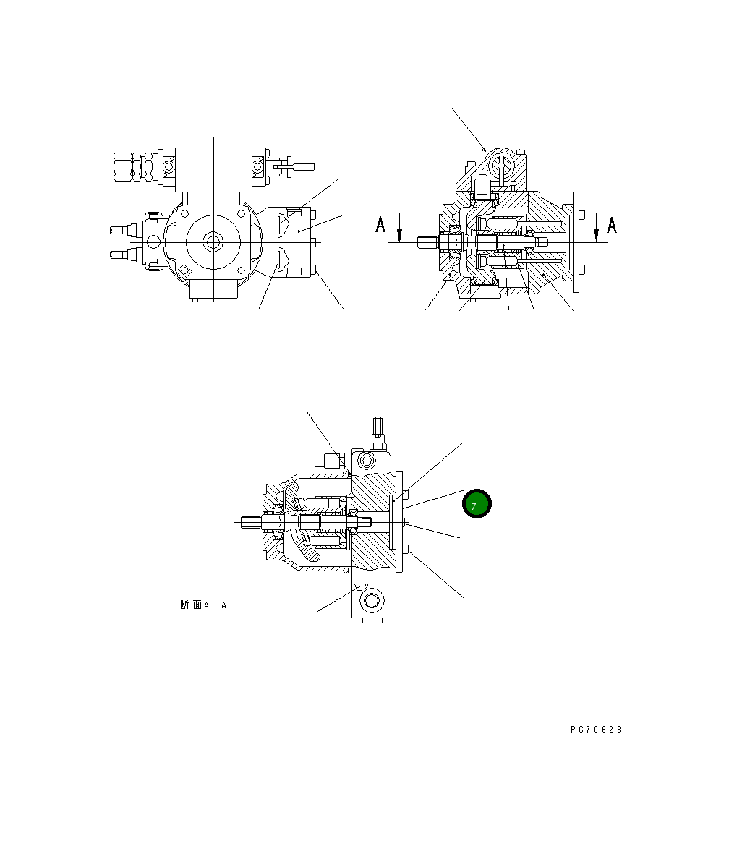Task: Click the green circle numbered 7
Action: tap(477, 505)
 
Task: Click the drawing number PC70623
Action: tap(595, 730)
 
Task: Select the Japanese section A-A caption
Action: tap(203, 605)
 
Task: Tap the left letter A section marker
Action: tap(380, 225)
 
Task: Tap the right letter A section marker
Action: tap(611, 225)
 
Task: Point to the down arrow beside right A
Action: tap(595, 234)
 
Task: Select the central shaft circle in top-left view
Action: tap(213, 242)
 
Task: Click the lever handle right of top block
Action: tap(289, 166)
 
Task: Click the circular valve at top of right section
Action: tap(500, 166)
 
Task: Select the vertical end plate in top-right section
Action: tap(576, 242)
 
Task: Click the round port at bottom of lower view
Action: tap(374, 599)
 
